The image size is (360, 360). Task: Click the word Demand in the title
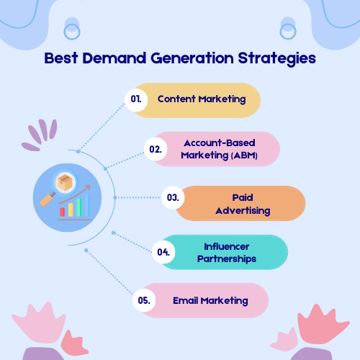(x=114, y=58)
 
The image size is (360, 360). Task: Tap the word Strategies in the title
(x=276, y=59)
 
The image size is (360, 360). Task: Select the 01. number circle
(x=136, y=100)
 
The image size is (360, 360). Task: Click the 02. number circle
(x=156, y=149)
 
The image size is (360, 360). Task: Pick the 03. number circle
(x=173, y=197)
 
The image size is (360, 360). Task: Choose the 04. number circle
(x=163, y=252)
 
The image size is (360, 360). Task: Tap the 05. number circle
(x=144, y=300)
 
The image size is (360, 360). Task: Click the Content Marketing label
(x=202, y=99)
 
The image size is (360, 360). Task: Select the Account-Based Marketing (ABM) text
(x=219, y=149)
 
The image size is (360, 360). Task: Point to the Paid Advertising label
(x=243, y=204)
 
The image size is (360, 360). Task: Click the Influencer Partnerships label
(x=227, y=253)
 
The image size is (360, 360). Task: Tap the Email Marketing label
(x=210, y=301)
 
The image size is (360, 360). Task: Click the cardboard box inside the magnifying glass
(x=65, y=182)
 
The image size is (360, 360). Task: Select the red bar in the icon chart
(x=62, y=212)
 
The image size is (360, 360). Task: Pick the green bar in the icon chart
(x=79, y=207)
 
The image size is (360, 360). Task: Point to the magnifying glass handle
(x=48, y=200)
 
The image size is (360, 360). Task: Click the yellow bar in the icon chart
(x=71, y=210)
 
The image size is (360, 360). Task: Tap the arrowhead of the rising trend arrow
(x=88, y=187)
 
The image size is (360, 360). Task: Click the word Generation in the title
(x=192, y=58)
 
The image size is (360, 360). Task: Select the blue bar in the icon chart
(x=87, y=205)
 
